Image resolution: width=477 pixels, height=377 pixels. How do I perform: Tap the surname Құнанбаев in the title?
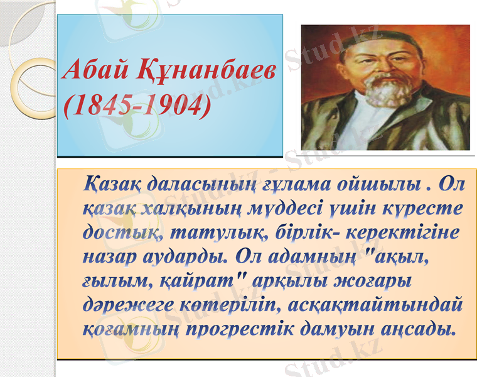click(x=205, y=72)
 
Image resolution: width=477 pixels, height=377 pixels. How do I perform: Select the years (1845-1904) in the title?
click(x=137, y=106)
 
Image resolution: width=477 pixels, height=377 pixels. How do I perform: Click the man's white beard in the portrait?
click(x=384, y=92)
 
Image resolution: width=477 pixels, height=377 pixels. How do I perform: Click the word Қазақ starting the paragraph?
click(x=112, y=185)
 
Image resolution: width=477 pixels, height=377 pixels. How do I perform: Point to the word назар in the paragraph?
click(x=110, y=257)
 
